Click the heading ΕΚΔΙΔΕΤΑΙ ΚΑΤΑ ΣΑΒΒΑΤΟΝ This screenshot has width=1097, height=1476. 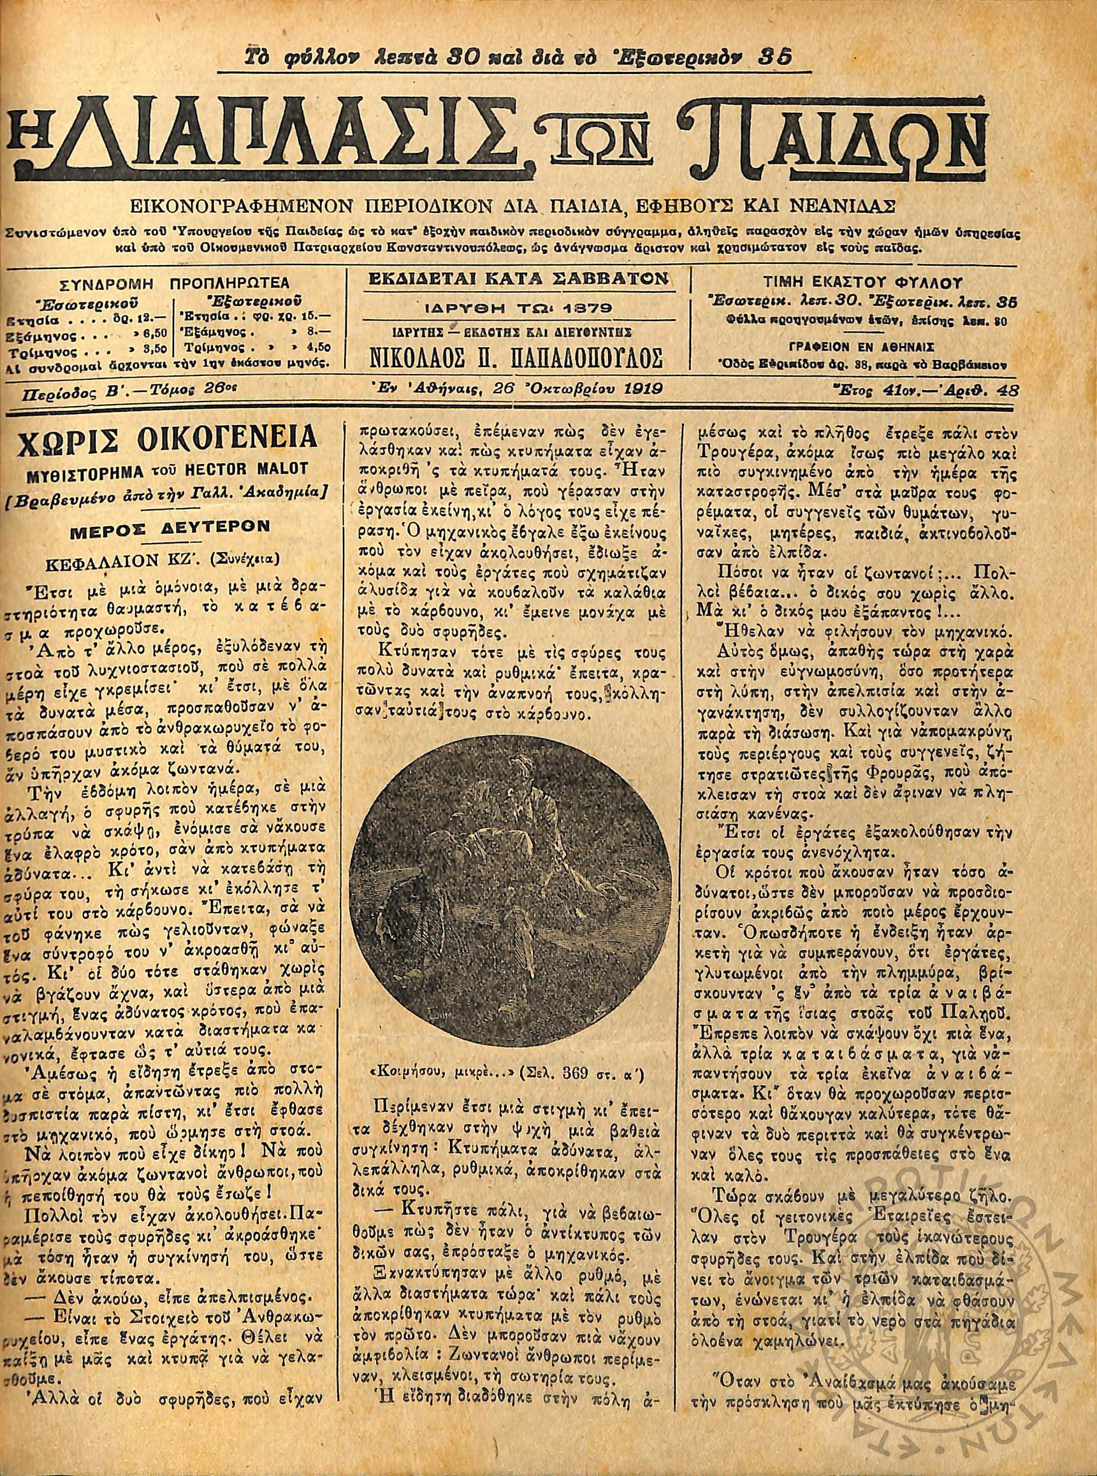[x=518, y=281]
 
